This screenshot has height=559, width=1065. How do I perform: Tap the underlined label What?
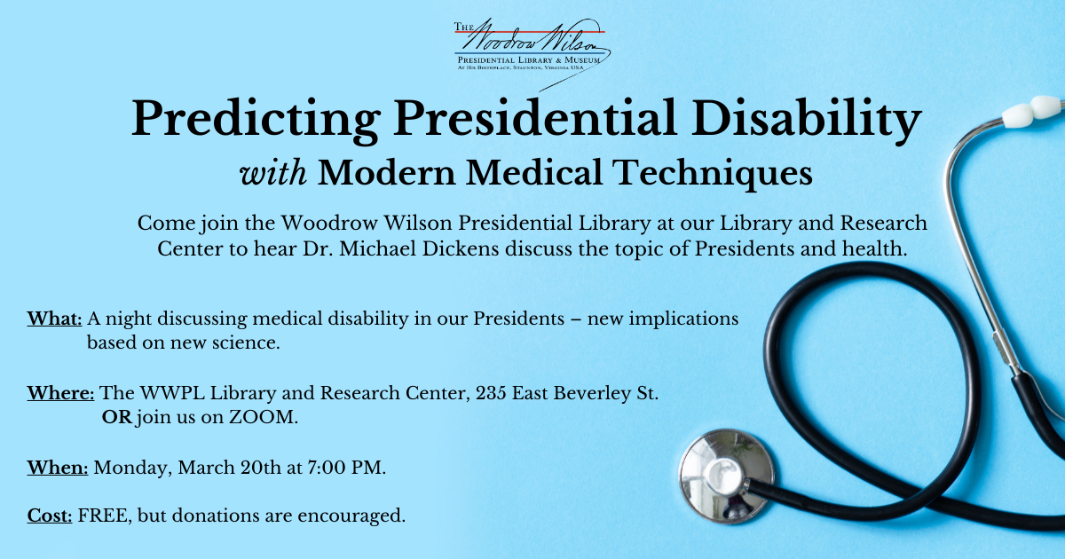55,319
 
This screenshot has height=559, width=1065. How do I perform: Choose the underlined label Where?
61,393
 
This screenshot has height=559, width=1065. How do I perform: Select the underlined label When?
58,468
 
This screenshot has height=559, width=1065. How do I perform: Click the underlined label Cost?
50,516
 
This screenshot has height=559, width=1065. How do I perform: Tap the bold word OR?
117,418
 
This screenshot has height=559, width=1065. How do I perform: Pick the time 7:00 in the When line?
308,468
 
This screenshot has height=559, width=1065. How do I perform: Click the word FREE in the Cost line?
99,516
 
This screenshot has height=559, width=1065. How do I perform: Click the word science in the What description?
248,342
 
